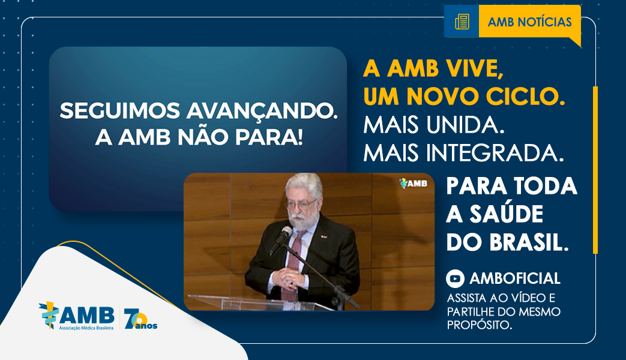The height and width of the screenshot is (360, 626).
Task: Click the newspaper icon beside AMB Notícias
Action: point(462,22)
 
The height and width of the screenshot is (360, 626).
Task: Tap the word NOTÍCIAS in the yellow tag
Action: point(545,22)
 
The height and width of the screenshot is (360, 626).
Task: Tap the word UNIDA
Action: point(466,125)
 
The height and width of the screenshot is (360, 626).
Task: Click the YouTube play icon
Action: point(455,278)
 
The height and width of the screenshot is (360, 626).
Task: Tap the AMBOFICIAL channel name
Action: point(515,278)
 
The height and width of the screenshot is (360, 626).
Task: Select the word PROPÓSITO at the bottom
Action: point(480,325)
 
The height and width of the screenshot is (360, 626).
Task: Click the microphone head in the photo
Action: point(286,232)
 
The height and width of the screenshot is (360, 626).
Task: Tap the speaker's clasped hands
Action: point(287,277)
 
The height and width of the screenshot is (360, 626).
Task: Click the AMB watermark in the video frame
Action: point(413,183)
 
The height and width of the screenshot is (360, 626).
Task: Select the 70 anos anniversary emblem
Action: point(140,319)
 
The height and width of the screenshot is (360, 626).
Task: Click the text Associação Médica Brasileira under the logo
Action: point(86,328)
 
